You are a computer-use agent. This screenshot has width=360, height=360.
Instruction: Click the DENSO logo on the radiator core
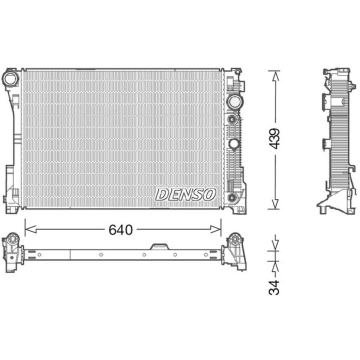pyautogui.click(x=185, y=194)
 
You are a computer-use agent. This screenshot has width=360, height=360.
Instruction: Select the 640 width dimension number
pyautogui.click(x=120, y=229)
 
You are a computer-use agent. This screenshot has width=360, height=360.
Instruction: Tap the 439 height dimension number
pyautogui.click(x=274, y=138)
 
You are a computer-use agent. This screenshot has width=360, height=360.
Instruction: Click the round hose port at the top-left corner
pyautogui.click(x=10, y=78)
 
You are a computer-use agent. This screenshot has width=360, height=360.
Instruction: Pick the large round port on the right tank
pyautogui.click(x=233, y=102)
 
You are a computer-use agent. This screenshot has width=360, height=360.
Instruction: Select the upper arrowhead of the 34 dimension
pyautogui.click(x=274, y=246)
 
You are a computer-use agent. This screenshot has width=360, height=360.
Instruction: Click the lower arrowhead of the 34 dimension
pyautogui.click(x=274, y=263)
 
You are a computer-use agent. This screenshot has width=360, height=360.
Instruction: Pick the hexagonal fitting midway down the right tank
pyautogui.click(x=233, y=144)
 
